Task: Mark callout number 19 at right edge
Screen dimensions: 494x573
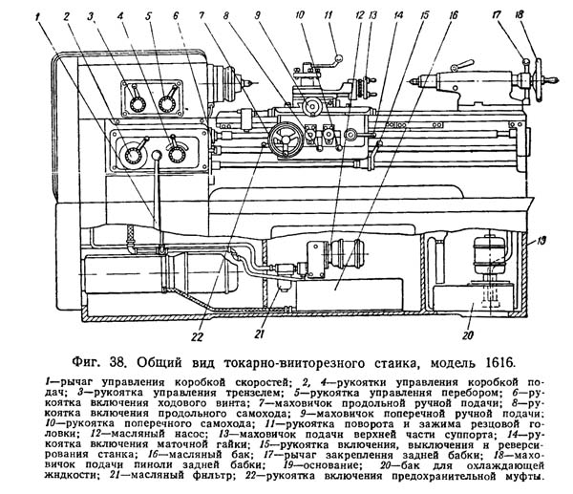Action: click(x=542, y=240)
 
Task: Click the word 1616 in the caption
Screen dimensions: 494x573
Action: click(x=496, y=363)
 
